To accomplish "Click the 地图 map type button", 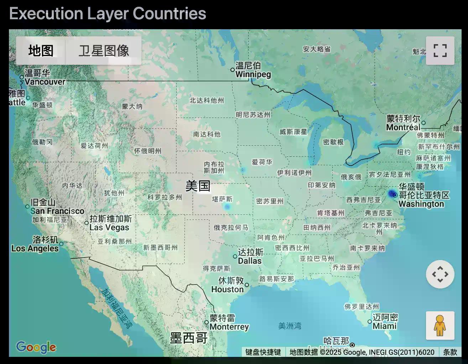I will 41,51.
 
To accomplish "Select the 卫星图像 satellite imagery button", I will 104,51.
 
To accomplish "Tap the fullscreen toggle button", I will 440,51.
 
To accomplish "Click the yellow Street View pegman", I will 440,326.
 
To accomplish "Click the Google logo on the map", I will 36,347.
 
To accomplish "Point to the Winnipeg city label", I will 253,70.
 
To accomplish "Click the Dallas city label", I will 250,256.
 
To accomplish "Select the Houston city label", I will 228,285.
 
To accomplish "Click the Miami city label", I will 385,322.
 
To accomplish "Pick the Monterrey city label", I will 229,322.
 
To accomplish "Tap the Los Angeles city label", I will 36,244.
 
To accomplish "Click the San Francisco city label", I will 57,207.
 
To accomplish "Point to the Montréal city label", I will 403,123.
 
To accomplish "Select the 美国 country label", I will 198,186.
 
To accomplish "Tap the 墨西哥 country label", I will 188,338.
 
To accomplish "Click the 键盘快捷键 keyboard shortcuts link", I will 263,352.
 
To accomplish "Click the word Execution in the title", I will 46,14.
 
